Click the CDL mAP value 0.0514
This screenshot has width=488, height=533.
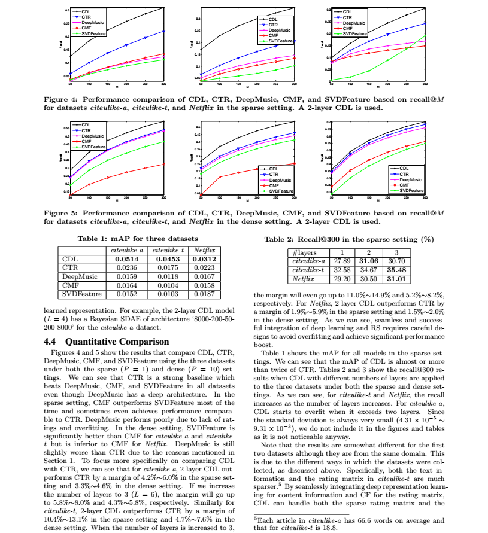tap(128, 259)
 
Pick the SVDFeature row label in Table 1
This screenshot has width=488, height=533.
tap(82, 294)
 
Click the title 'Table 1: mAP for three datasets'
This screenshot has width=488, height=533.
tap(138, 239)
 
